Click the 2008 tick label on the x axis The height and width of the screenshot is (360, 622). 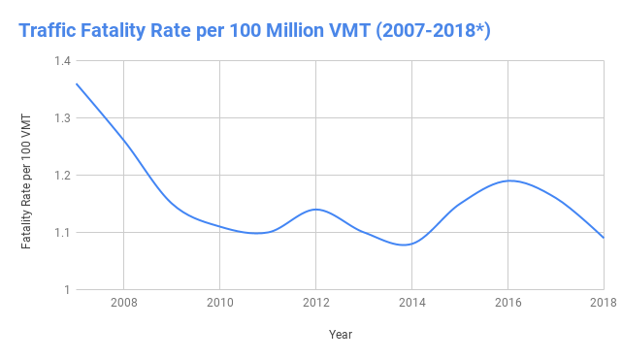[x=124, y=303]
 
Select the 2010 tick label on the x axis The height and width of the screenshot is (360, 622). [x=219, y=303]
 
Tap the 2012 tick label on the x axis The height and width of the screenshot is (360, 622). [x=314, y=303]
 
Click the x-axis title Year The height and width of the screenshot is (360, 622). [x=340, y=335]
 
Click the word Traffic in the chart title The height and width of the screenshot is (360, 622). [x=51, y=31]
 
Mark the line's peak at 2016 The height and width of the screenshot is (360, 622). [x=508, y=180]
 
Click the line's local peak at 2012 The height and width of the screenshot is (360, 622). [x=314, y=209]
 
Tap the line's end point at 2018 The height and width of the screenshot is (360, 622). [x=604, y=238]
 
